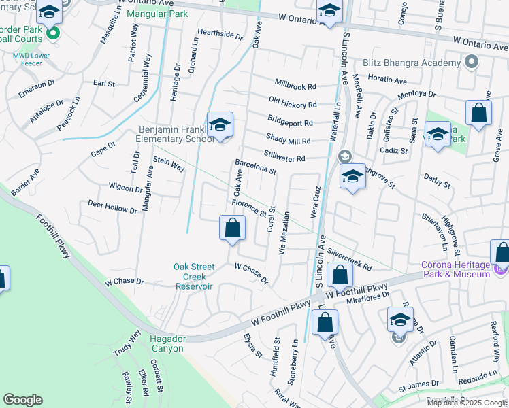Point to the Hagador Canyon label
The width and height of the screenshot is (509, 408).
click(158, 343)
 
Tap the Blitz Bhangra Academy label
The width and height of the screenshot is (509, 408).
click(412, 63)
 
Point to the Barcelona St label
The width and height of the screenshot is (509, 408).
click(255, 167)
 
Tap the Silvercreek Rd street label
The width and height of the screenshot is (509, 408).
click(349, 258)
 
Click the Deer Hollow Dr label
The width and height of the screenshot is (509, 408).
click(112, 207)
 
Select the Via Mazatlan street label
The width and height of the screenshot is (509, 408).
click(286, 232)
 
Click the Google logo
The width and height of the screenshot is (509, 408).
click(23, 400)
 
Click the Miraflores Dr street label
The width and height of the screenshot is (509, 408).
click(367, 294)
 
